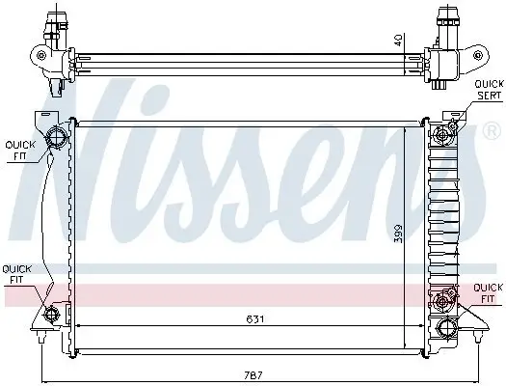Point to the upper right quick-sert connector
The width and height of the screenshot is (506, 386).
[446, 132]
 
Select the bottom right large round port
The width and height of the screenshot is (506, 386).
[446, 327]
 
